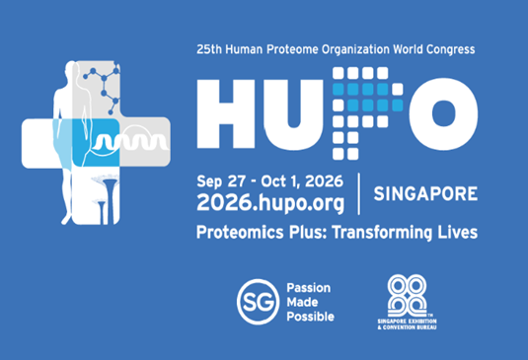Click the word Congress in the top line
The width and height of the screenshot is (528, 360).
pos(451,49)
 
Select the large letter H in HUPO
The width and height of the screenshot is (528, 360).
pos(226,114)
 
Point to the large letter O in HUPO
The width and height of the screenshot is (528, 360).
pos(443,113)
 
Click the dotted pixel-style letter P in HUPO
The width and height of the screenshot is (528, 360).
pos(368,113)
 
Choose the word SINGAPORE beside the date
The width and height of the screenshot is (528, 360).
pos(425,193)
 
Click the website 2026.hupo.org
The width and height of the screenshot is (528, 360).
pos(270,203)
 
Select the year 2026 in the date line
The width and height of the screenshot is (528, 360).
pos(324,181)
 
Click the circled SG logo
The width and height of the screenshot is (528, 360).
pos(258,302)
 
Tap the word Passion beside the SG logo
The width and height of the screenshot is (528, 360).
pos(309,288)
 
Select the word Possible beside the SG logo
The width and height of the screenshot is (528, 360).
pos(310,317)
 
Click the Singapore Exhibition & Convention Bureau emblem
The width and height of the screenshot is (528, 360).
pos(407,302)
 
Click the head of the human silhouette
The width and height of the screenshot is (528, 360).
pos(71,68)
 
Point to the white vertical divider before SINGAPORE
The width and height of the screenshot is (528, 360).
pos(358,193)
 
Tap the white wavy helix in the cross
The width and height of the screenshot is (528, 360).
pos(130,142)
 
